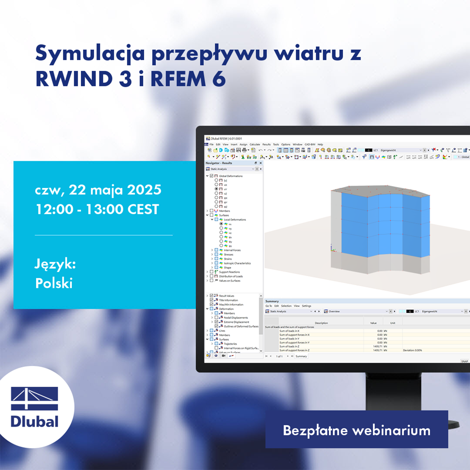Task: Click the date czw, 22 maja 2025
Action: pos(98,189)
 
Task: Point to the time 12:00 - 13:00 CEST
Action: pos(97,210)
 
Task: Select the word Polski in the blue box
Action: pos(54,283)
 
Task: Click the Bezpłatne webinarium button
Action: pos(357,430)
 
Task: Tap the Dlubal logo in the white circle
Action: pos(35,407)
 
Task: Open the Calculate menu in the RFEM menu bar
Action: pos(255,144)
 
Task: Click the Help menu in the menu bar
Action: pos(320,144)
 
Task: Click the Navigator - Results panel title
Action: pos(219,163)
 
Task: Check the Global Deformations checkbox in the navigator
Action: pos(212,176)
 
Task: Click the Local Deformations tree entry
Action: pos(235,220)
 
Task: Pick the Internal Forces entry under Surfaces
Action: pos(232,250)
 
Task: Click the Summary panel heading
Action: pos(272,301)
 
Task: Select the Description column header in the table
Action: pos(321,323)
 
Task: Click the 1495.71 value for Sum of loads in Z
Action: pos(377,346)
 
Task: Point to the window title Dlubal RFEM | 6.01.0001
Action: pos(226,138)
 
